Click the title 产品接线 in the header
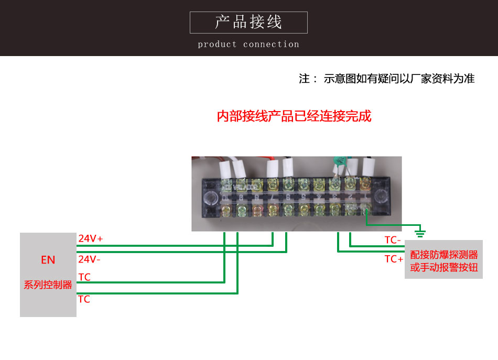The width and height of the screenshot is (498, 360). [x=248, y=22]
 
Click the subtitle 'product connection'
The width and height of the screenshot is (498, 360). [x=248, y=45]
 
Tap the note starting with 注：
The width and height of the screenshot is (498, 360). [x=386, y=79]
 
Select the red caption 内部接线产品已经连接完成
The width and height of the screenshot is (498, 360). [x=294, y=116]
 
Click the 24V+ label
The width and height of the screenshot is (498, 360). [x=91, y=238]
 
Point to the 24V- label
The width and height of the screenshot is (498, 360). [x=90, y=259]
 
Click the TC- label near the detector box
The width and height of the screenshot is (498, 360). [x=393, y=240]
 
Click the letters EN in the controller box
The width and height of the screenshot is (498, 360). [x=48, y=260]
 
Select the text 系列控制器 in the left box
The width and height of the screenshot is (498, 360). [x=48, y=285]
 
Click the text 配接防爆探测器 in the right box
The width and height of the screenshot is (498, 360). [x=444, y=255]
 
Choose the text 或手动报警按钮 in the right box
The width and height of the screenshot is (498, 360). [x=444, y=267]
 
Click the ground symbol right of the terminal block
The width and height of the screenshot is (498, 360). [x=420, y=231]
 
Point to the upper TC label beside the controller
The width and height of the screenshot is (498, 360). [x=84, y=277]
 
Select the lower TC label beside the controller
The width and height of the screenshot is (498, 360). [x=84, y=299]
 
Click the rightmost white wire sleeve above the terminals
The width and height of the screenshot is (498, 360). [x=368, y=167]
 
